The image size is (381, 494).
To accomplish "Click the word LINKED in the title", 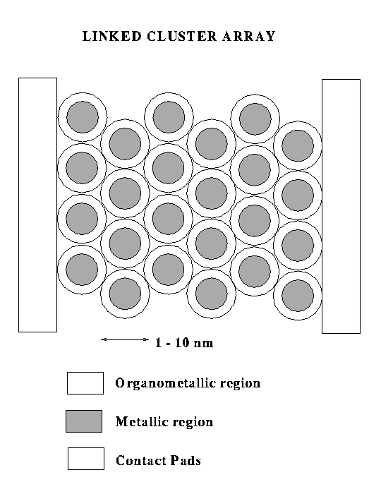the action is pos(111,36).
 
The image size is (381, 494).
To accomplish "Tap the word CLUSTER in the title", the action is pos(182,36).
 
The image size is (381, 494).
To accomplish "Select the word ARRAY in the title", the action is pos(249,36).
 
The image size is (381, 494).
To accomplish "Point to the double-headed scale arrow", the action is pos(125,339).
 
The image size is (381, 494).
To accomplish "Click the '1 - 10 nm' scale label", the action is pos(184,342).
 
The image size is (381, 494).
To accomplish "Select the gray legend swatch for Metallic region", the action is pos(84,421).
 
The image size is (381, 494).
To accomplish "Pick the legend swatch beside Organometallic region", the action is pos(85,383).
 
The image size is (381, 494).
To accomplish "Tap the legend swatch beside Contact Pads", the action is pos(86,459).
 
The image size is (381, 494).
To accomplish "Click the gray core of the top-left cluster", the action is pos(83,117).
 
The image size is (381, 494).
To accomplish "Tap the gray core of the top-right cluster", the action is pos(298,146).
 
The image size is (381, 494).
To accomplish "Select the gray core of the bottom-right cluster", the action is pos(298,296).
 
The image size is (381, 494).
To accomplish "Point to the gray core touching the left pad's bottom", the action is pos(82,270).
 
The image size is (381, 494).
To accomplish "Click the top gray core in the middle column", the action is pos(169,117).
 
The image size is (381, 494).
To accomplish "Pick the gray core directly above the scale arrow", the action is pos(126,294).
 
